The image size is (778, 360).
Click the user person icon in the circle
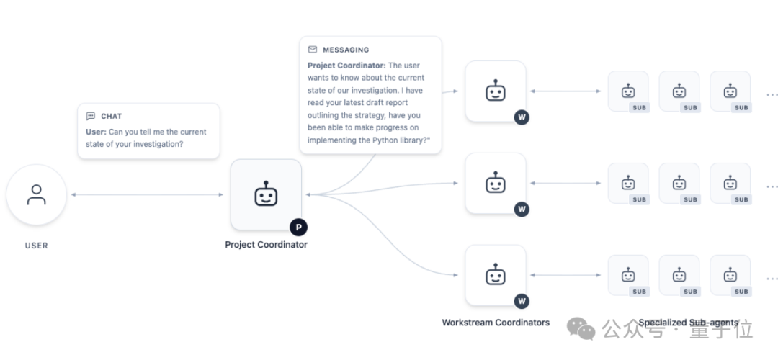point(36,194)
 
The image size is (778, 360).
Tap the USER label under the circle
point(36,246)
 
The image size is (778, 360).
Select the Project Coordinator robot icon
point(266,194)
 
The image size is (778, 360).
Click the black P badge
point(299,227)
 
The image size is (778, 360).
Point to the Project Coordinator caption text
point(266,245)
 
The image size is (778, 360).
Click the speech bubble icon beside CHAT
point(90,116)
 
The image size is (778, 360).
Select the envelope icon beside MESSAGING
point(312,50)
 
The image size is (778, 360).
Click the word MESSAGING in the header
point(346,50)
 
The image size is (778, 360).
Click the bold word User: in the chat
point(97,132)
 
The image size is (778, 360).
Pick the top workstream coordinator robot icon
point(495,91)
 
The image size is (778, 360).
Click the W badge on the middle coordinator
point(522,210)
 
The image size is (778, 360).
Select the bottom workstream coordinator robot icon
point(495,275)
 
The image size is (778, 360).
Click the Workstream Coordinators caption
point(496,323)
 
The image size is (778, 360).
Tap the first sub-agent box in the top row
point(628,91)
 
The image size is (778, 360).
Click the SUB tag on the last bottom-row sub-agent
point(741,292)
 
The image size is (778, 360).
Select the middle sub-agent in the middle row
point(679,184)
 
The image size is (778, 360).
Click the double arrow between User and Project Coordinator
point(148,194)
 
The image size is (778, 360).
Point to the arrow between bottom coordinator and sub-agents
point(565,275)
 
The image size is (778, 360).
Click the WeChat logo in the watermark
point(581,328)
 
